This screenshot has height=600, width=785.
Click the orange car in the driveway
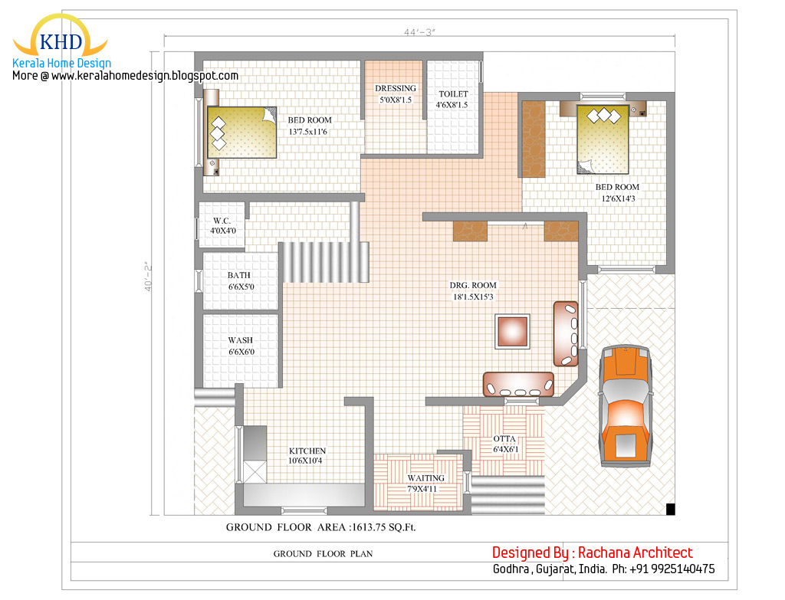(626, 406)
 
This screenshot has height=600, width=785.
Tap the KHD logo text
(61, 42)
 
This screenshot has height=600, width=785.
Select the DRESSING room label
(396, 89)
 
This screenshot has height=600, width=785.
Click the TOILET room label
(454, 94)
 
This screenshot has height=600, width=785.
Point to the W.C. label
(222, 221)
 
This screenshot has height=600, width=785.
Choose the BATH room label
(239, 275)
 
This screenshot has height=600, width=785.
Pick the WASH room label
(240, 340)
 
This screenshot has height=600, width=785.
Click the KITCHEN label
(307, 451)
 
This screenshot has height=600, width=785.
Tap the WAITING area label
(425, 478)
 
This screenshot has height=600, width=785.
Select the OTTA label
(504, 439)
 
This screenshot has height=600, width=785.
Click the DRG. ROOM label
(473, 285)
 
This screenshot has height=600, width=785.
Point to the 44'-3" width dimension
(419, 32)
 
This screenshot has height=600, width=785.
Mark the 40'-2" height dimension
(148, 276)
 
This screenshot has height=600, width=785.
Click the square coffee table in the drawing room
(512, 331)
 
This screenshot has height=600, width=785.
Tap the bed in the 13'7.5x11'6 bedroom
(241, 132)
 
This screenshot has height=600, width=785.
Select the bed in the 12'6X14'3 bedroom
(603, 139)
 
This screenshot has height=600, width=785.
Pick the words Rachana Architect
(636, 552)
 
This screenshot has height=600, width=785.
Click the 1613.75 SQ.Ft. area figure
(384, 527)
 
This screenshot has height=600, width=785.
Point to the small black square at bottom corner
(670, 509)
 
